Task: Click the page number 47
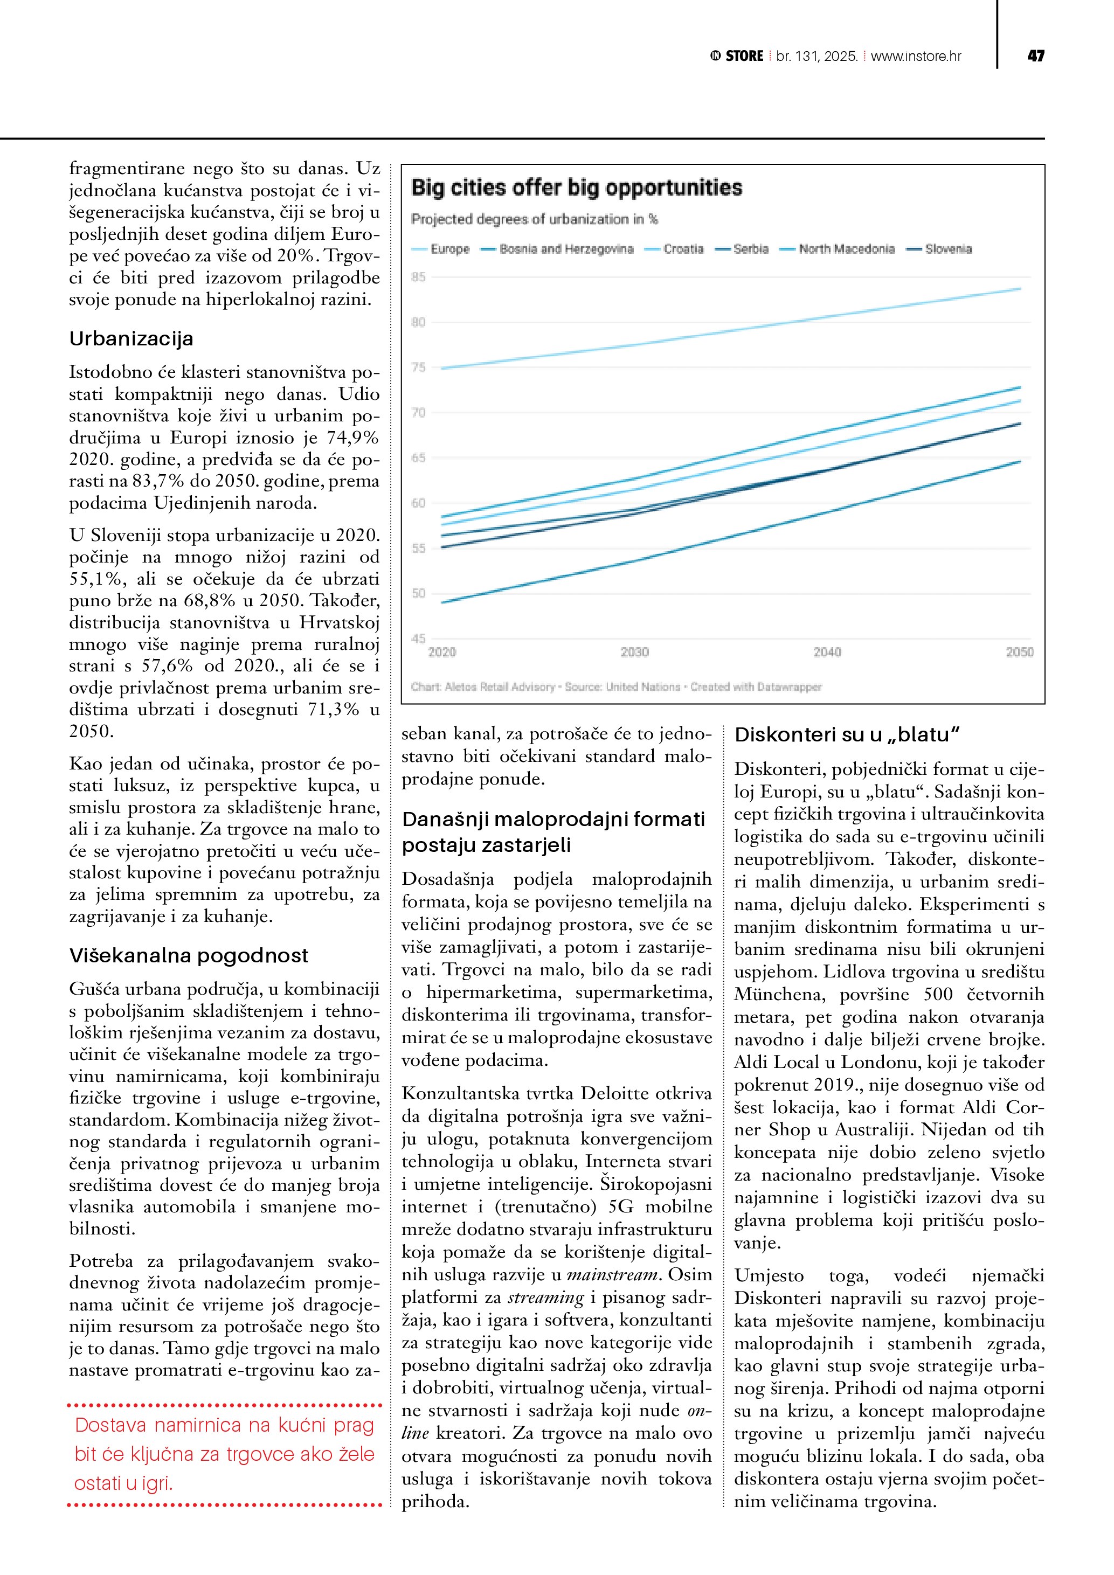tap(1036, 56)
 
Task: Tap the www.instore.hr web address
tap(916, 56)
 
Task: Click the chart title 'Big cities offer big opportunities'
tap(576, 188)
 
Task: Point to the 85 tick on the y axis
tap(418, 277)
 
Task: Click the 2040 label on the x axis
tap(827, 651)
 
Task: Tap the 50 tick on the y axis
tap(418, 593)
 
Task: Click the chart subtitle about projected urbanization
tap(534, 219)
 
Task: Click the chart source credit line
tap(616, 686)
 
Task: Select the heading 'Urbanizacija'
tap(131, 339)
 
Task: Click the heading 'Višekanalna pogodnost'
tap(189, 955)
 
